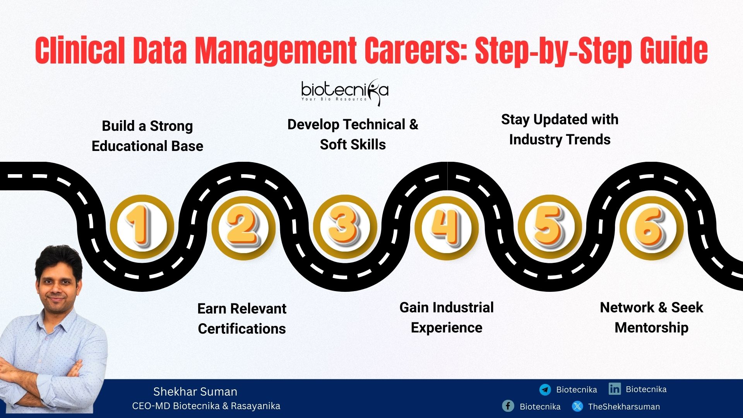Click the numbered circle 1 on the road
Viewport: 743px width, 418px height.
(x=142, y=227)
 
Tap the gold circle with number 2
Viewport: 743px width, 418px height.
(x=243, y=227)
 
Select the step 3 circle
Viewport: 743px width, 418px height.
(x=344, y=227)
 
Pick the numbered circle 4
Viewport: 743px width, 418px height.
(x=446, y=227)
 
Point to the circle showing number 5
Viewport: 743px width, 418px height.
(x=549, y=227)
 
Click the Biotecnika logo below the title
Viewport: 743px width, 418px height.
(x=344, y=92)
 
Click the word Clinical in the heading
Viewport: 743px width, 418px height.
(x=80, y=51)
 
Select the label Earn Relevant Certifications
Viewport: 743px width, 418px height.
(x=242, y=319)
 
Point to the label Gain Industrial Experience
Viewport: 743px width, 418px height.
(x=447, y=317)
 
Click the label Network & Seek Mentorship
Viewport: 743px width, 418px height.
(x=651, y=317)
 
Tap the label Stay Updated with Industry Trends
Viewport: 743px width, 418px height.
(x=560, y=129)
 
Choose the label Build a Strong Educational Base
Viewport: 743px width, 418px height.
(x=147, y=136)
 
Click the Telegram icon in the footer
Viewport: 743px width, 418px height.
(x=545, y=389)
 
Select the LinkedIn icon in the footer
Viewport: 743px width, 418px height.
(x=615, y=389)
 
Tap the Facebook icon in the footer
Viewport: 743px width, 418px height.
(x=508, y=406)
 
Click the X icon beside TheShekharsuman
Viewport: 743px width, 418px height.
(x=577, y=406)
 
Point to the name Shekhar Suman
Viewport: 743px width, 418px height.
(x=195, y=392)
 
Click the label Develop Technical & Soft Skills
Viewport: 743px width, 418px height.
(x=353, y=134)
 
